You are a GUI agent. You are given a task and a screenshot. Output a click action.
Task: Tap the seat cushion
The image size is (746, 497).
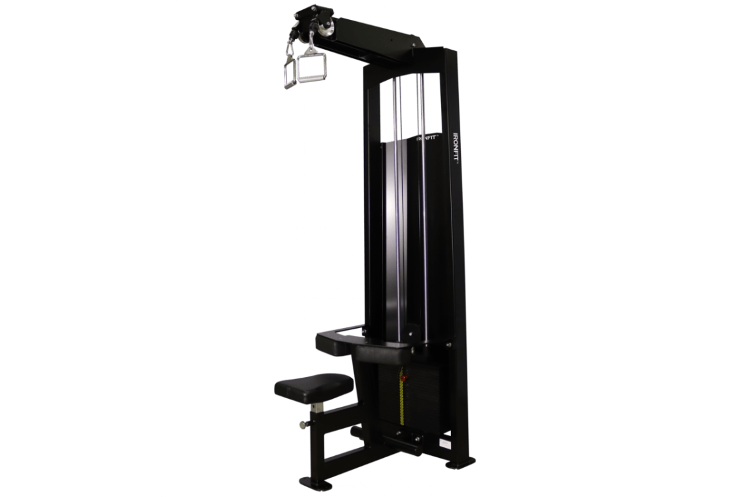(x=313, y=386)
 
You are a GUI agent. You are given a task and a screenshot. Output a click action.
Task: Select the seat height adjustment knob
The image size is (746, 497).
(x=304, y=423)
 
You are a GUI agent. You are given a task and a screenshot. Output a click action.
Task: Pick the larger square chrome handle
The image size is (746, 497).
(x=311, y=68)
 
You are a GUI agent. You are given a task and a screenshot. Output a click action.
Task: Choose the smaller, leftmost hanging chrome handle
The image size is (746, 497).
(x=289, y=72)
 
